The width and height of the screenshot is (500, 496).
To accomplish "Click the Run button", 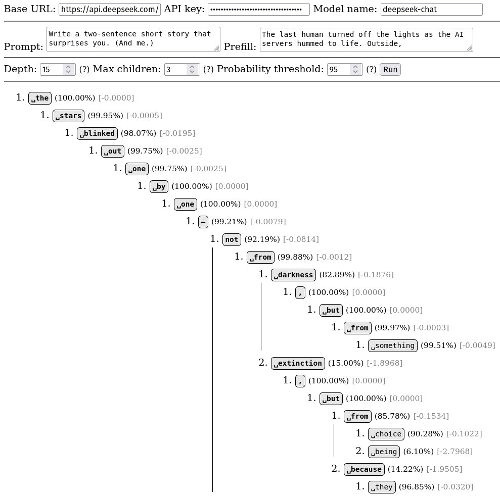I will point(390,69).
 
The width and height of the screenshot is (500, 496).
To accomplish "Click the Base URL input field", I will point(110,10).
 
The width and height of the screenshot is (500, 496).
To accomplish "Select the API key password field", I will point(259,10).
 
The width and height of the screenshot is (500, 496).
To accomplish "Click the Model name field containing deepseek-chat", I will point(431,10).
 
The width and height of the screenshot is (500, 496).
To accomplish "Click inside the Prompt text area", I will point(133,39).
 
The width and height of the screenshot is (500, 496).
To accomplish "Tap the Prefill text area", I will point(366,39).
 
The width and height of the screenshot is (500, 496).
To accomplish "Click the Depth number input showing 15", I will point(52,69).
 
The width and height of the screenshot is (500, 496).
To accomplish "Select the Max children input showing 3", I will point(176,69).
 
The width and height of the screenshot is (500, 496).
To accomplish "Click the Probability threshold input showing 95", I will point(339,69).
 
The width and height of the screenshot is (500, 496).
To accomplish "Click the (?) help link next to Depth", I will point(84,69).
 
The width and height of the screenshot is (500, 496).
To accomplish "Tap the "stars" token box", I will point(68,116).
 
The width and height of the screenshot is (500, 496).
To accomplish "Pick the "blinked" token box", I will point(98,133).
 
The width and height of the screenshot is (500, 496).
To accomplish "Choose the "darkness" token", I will point(293,275).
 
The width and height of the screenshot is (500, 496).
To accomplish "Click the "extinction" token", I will point(298,363).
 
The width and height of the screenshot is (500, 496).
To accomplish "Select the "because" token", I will point(364,469).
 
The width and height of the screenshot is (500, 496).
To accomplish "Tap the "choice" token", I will point(386,434).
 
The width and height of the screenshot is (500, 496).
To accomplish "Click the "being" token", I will point(384,452).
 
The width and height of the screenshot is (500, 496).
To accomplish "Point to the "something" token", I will point(392,345).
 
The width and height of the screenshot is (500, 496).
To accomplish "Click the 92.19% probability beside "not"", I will point(261,239).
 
